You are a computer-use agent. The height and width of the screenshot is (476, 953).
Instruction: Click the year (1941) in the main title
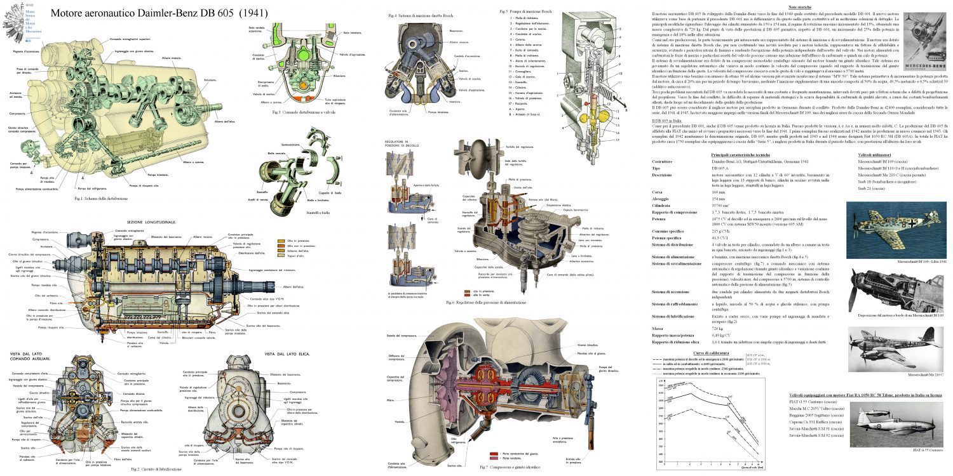tap(252, 13)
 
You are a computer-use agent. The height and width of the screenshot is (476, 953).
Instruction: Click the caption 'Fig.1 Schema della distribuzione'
tap(100, 199)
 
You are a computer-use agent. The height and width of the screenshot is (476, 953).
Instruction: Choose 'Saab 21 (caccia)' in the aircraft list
tap(872, 188)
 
